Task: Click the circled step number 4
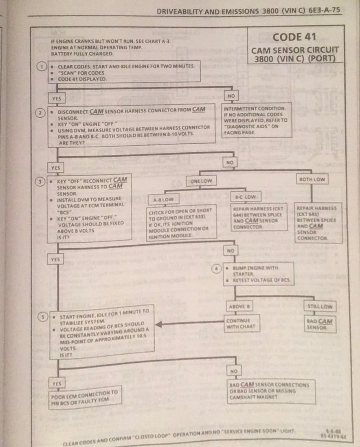[x=217, y=268]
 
